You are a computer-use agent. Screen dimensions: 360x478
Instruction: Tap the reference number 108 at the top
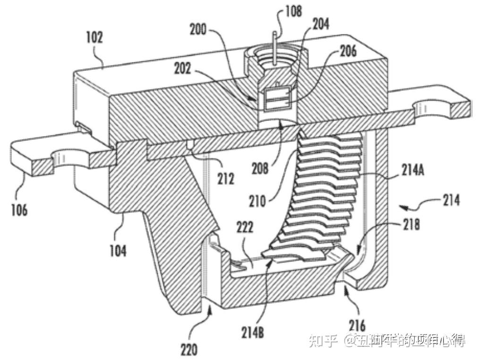(x=293, y=11)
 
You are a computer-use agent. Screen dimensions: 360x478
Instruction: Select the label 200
(x=198, y=29)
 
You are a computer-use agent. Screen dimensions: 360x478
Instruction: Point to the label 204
(x=320, y=23)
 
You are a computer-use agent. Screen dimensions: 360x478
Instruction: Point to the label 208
(x=261, y=168)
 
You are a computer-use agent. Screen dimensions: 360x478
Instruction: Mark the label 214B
(x=256, y=333)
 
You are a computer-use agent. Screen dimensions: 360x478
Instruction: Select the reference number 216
(x=357, y=326)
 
